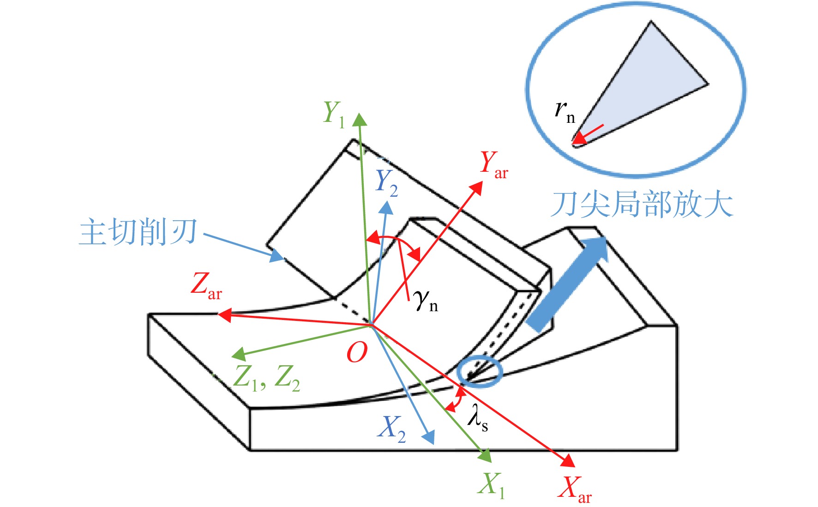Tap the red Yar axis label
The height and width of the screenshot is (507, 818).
tap(494, 164)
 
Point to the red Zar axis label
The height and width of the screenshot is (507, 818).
tap(206, 286)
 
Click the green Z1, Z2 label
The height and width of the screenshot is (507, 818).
tap(267, 379)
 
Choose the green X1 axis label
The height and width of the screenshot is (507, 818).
tap(492, 486)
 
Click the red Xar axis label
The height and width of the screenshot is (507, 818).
tap(575, 489)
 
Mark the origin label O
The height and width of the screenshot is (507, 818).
tap(357, 353)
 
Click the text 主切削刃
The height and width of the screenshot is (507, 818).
tap(138, 232)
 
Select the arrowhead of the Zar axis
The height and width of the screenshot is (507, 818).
tap(224, 315)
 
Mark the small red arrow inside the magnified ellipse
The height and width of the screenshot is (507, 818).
tap(588, 134)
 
